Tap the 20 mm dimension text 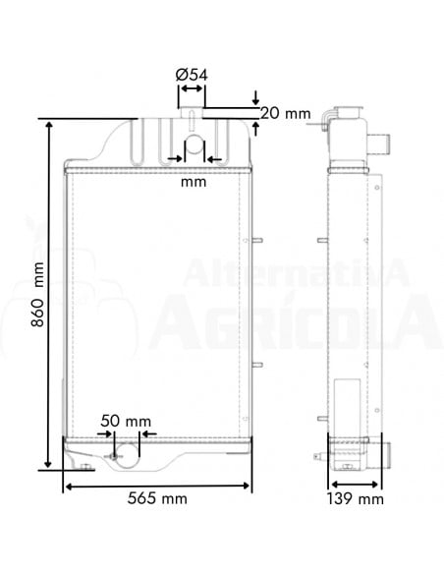(284, 113)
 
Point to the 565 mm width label (158, 499)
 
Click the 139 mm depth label (356, 499)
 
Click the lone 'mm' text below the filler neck (194, 182)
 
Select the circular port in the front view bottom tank (117, 454)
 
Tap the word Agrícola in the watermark (295, 319)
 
